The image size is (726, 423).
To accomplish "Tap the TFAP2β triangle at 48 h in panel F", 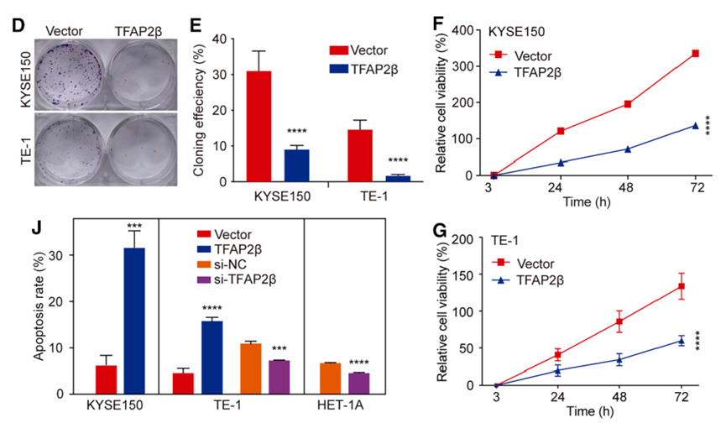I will [x=627, y=149].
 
